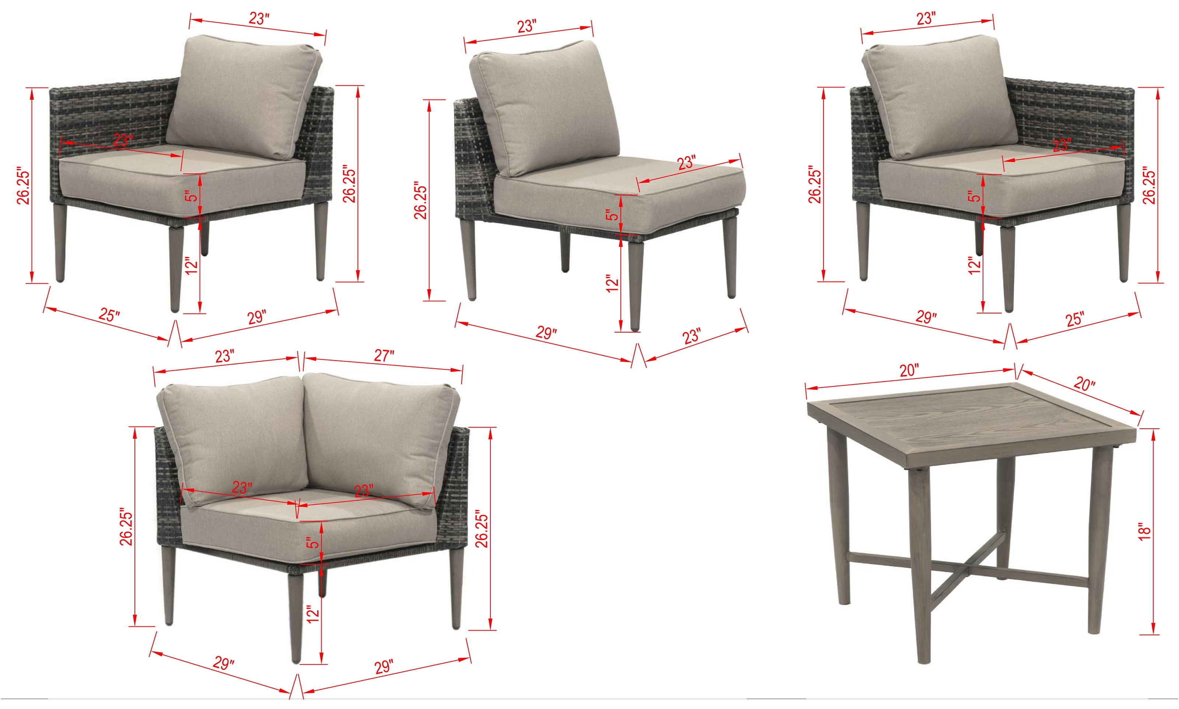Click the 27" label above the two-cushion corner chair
pyautogui.click(x=384, y=356)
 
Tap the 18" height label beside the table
pyautogui.click(x=1145, y=531)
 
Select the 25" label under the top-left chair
pyautogui.click(x=109, y=315)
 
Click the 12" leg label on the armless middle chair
pyautogui.click(x=612, y=283)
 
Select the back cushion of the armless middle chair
pyautogui.click(x=544, y=107)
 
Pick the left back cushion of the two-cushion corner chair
pyautogui.click(x=233, y=439)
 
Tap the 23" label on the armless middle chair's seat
pyautogui.click(x=686, y=162)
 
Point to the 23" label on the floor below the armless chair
pyautogui.click(x=691, y=336)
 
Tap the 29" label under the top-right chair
pyautogui.click(x=926, y=317)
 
